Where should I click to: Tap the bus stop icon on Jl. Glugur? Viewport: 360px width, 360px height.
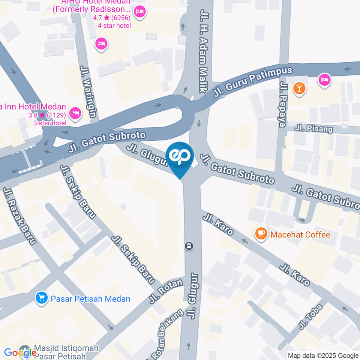pos(189,246)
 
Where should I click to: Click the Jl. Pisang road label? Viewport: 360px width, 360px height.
pos(313,128)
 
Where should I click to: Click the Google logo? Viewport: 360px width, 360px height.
pos(20,352)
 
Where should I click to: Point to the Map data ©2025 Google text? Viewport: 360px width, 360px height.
pos(323,355)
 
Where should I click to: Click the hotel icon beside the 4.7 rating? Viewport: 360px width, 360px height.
pos(139,11)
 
